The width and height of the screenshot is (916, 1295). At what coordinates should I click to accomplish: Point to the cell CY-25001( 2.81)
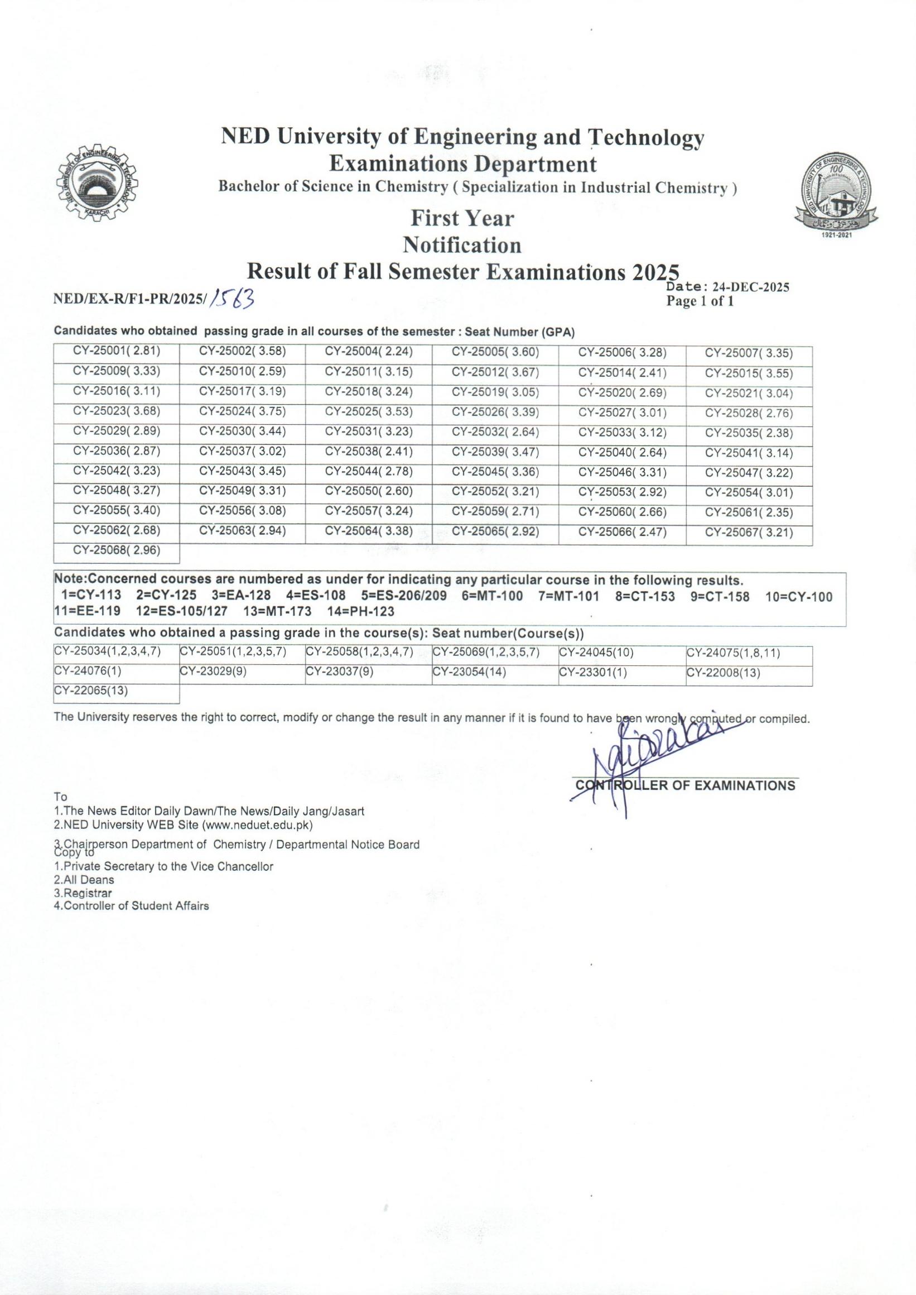(117, 352)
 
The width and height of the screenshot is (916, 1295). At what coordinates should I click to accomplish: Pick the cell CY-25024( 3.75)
(243, 412)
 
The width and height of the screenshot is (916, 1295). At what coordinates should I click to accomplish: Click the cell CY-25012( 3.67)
(495, 372)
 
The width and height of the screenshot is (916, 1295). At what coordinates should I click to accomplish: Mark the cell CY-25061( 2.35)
(749, 512)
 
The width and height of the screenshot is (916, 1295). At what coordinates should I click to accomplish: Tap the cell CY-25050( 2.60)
(369, 491)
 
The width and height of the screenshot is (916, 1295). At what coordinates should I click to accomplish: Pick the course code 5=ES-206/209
(404, 596)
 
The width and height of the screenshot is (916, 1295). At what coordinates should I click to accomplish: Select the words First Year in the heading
(462, 218)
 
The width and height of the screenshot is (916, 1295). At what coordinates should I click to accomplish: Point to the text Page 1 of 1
(700, 301)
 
